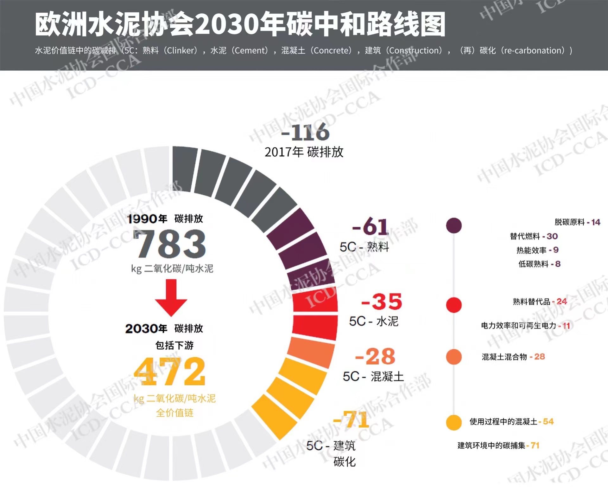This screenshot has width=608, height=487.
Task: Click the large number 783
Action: coord(170,243)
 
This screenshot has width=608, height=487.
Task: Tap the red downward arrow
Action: coord(171,297)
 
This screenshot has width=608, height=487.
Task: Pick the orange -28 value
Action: coord(375,356)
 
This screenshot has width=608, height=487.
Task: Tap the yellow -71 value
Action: coord(351,419)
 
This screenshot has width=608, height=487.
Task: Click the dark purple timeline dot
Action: coord(454,225)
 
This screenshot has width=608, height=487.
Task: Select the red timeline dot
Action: coord(454,305)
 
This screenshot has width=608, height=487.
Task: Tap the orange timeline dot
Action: coord(454,357)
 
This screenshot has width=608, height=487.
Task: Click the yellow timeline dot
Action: coord(454,422)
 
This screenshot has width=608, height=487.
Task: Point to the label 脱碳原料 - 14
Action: coord(577,222)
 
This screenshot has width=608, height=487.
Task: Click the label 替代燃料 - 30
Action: coord(534,236)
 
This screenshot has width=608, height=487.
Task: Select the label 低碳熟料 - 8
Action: coord(539,264)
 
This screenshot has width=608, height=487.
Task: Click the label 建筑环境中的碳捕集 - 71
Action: coord(498,445)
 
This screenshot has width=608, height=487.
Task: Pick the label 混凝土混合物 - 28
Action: coord(513,357)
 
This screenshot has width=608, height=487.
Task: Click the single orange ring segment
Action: coord(311,351)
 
